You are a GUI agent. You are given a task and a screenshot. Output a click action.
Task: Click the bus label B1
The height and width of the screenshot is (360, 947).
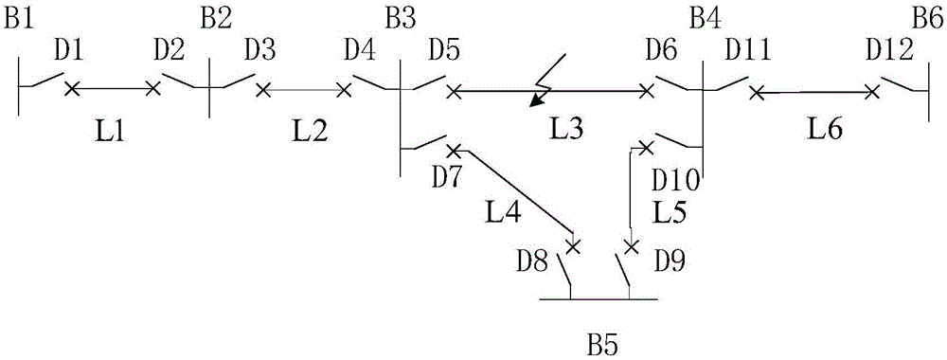click(x=18, y=15)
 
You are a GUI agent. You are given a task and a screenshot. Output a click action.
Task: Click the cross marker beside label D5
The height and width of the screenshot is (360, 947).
click(x=455, y=92)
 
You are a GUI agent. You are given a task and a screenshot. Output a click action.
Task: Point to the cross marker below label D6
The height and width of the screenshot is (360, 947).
click(x=647, y=92)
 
